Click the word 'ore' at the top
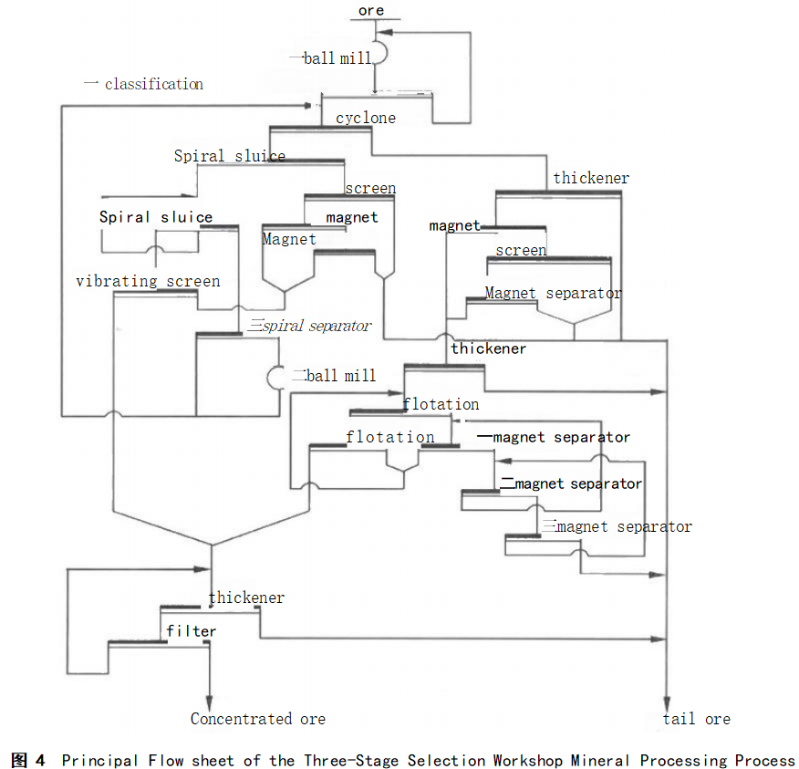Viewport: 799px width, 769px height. click(x=371, y=11)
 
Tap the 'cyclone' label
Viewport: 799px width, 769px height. click(x=366, y=118)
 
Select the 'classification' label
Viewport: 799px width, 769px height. click(x=153, y=84)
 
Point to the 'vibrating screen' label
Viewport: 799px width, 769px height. click(x=148, y=281)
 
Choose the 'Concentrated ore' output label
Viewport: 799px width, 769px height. click(x=257, y=719)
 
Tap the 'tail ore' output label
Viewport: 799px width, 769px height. click(x=696, y=719)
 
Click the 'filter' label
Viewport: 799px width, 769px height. click(x=192, y=631)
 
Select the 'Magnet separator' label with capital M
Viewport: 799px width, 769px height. click(x=553, y=293)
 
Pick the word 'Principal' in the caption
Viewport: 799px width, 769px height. click(x=100, y=760)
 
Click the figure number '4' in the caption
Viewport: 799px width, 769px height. click(x=39, y=760)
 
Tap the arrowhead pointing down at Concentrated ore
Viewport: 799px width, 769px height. click(x=211, y=698)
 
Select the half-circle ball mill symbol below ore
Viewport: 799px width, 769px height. click(x=381, y=52)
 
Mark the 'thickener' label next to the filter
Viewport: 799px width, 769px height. click(x=246, y=598)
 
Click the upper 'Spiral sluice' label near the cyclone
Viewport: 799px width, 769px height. click(x=229, y=156)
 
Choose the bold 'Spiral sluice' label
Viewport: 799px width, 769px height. click(x=156, y=217)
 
